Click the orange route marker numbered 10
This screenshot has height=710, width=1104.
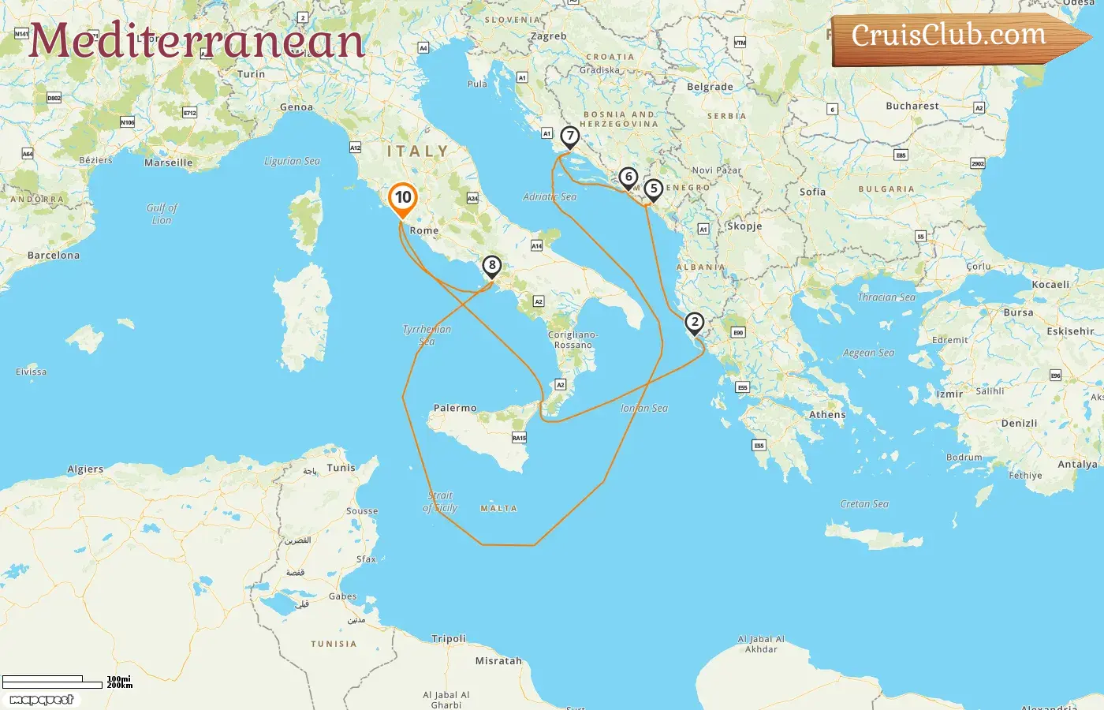[x=403, y=198]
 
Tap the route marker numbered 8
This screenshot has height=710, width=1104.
[x=492, y=266]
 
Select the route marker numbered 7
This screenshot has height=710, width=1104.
[x=569, y=136]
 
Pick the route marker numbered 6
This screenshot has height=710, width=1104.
[x=628, y=177]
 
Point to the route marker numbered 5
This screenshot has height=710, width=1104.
[x=653, y=189]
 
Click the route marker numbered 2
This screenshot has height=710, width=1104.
[x=694, y=323]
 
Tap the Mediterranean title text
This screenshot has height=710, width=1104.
[x=197, y=40]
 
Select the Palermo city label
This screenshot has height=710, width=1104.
[x=455, y=408]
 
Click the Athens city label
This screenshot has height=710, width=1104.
[x=827, y=414]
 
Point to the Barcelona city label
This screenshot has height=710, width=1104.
[x=53, y=256]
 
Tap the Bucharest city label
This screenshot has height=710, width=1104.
[x=912, y=106]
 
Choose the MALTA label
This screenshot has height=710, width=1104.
[x=499, y=509]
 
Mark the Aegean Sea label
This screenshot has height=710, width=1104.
[x=868, y=353]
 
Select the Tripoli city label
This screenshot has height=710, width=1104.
[x=449, y=638]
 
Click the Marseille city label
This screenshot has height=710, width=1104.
[x=168, y=163]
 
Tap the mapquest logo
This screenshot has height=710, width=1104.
[x=42, y=700]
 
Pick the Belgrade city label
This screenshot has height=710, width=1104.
[x=710, y=87]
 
